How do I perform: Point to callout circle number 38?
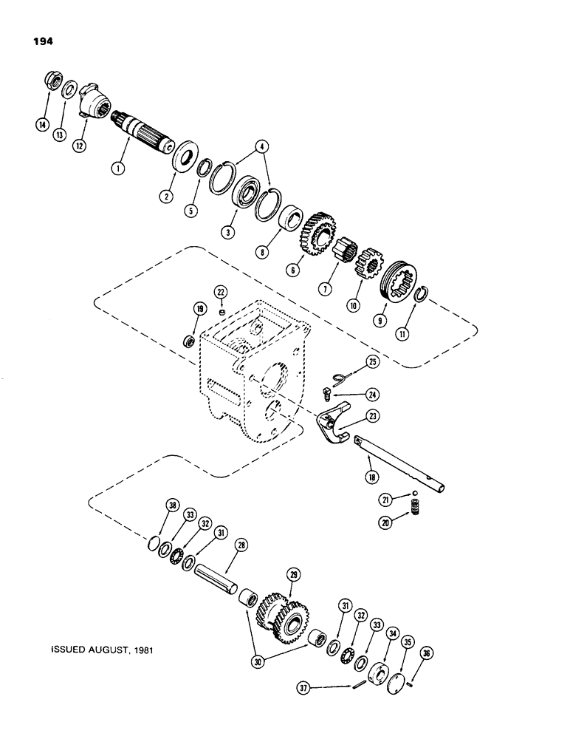(172, 506)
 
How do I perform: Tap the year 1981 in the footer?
(145, 652)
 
